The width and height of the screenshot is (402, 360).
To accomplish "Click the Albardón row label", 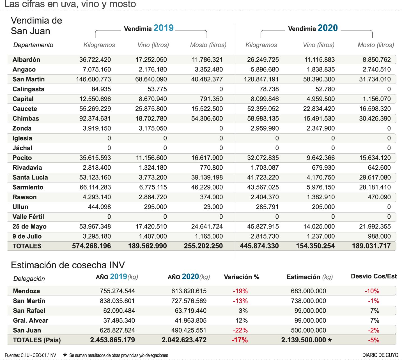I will [x=26, y=59].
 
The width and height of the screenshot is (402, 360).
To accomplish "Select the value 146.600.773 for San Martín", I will [x=93, y=79].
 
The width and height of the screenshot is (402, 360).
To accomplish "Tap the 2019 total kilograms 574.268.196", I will [x=91, y=246].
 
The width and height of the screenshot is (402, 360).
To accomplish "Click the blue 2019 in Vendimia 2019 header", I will [x=164, y=28].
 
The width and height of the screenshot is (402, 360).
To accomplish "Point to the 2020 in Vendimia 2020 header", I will [x=328, y=28].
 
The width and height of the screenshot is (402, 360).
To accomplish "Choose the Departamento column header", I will [x=33, y=45].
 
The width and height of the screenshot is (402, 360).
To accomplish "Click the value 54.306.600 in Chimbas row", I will [x=207, y=119].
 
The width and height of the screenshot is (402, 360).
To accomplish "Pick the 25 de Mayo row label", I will [x=29, y=227].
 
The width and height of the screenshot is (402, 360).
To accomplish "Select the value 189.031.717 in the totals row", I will [x=371, y=246].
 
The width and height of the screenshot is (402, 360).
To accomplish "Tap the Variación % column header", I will [x=242, y=277].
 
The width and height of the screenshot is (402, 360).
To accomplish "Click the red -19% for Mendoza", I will [x=240, y=291].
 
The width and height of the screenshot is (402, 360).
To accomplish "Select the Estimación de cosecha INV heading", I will [x=68, y=265].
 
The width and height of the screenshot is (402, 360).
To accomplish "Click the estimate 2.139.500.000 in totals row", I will [x=304, y=340].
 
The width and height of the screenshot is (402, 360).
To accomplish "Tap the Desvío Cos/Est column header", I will [x=374, y=276].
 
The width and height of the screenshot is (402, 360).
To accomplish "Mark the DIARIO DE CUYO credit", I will [x=380, y=355].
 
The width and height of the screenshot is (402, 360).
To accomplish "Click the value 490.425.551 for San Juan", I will [x=189, y=330].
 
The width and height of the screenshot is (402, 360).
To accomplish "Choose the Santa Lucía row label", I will [x=30, y=177].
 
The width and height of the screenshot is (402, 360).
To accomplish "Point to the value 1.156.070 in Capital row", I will [x=376, y=99].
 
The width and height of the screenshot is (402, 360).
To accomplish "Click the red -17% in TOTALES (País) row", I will [x=240, y=340].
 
